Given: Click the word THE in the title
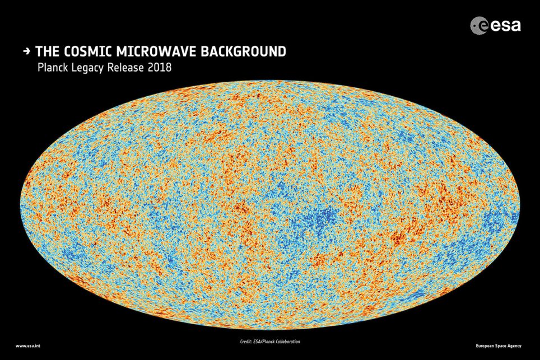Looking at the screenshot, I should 46,52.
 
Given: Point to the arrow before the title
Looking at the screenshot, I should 27,52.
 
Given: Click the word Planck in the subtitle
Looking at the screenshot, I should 52,68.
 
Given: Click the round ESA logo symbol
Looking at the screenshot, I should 480,25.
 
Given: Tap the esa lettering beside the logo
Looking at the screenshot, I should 506,25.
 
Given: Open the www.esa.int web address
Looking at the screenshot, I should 27,345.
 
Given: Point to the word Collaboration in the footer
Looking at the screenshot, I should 290,341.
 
